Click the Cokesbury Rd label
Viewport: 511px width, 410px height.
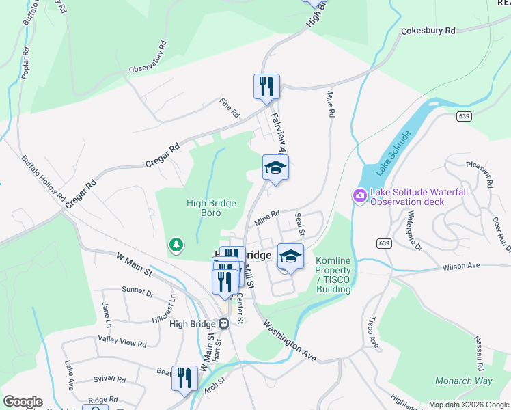click(x=428, y=31)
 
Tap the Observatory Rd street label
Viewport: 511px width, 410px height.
click(x=148, y=59)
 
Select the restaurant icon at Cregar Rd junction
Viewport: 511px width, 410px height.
click(x=266, y=86)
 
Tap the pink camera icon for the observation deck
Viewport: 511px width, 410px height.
click(x=359, y=197)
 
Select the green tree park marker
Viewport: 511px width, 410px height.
click(x=176, y=244)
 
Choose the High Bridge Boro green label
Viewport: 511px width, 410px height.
click(x=211, y=208)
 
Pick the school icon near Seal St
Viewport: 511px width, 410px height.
click(x=290, y=256)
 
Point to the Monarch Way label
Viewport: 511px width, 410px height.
click(x=464, y=381)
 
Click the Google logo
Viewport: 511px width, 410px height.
click(x=23, y=402)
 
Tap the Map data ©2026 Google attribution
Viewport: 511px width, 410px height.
click(x=468, y=405)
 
